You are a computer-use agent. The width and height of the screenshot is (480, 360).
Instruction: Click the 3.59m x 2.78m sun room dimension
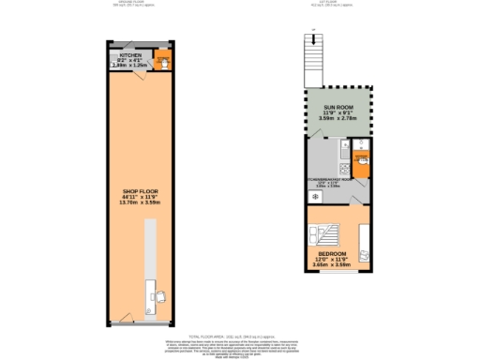click(x=338, y=124)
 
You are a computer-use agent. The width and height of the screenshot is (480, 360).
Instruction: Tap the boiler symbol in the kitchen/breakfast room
click(x=347, y=143)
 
